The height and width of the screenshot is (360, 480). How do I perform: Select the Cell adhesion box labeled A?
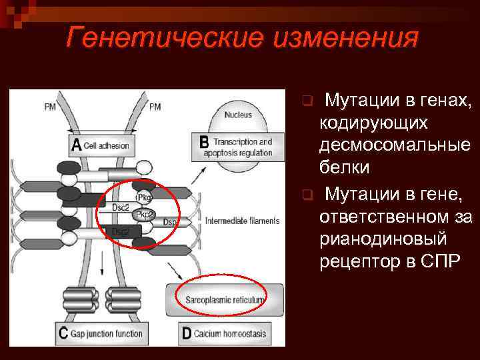coord(101,145)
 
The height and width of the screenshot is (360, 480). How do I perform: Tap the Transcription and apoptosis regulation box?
coord(237,146)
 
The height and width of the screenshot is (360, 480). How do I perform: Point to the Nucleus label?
coord(237,115)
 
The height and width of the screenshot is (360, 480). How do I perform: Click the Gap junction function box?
coord(101,333)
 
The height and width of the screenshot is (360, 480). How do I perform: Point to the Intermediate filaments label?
coord(242,221)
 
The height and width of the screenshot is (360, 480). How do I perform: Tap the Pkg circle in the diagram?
coord(143,198)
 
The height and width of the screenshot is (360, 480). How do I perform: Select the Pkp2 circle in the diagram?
coord(144,214)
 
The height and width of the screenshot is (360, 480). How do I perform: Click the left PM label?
coord(49,106)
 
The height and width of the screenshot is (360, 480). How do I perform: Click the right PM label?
coord(154,106)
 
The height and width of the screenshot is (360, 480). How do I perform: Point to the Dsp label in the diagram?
coord(170,221)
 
